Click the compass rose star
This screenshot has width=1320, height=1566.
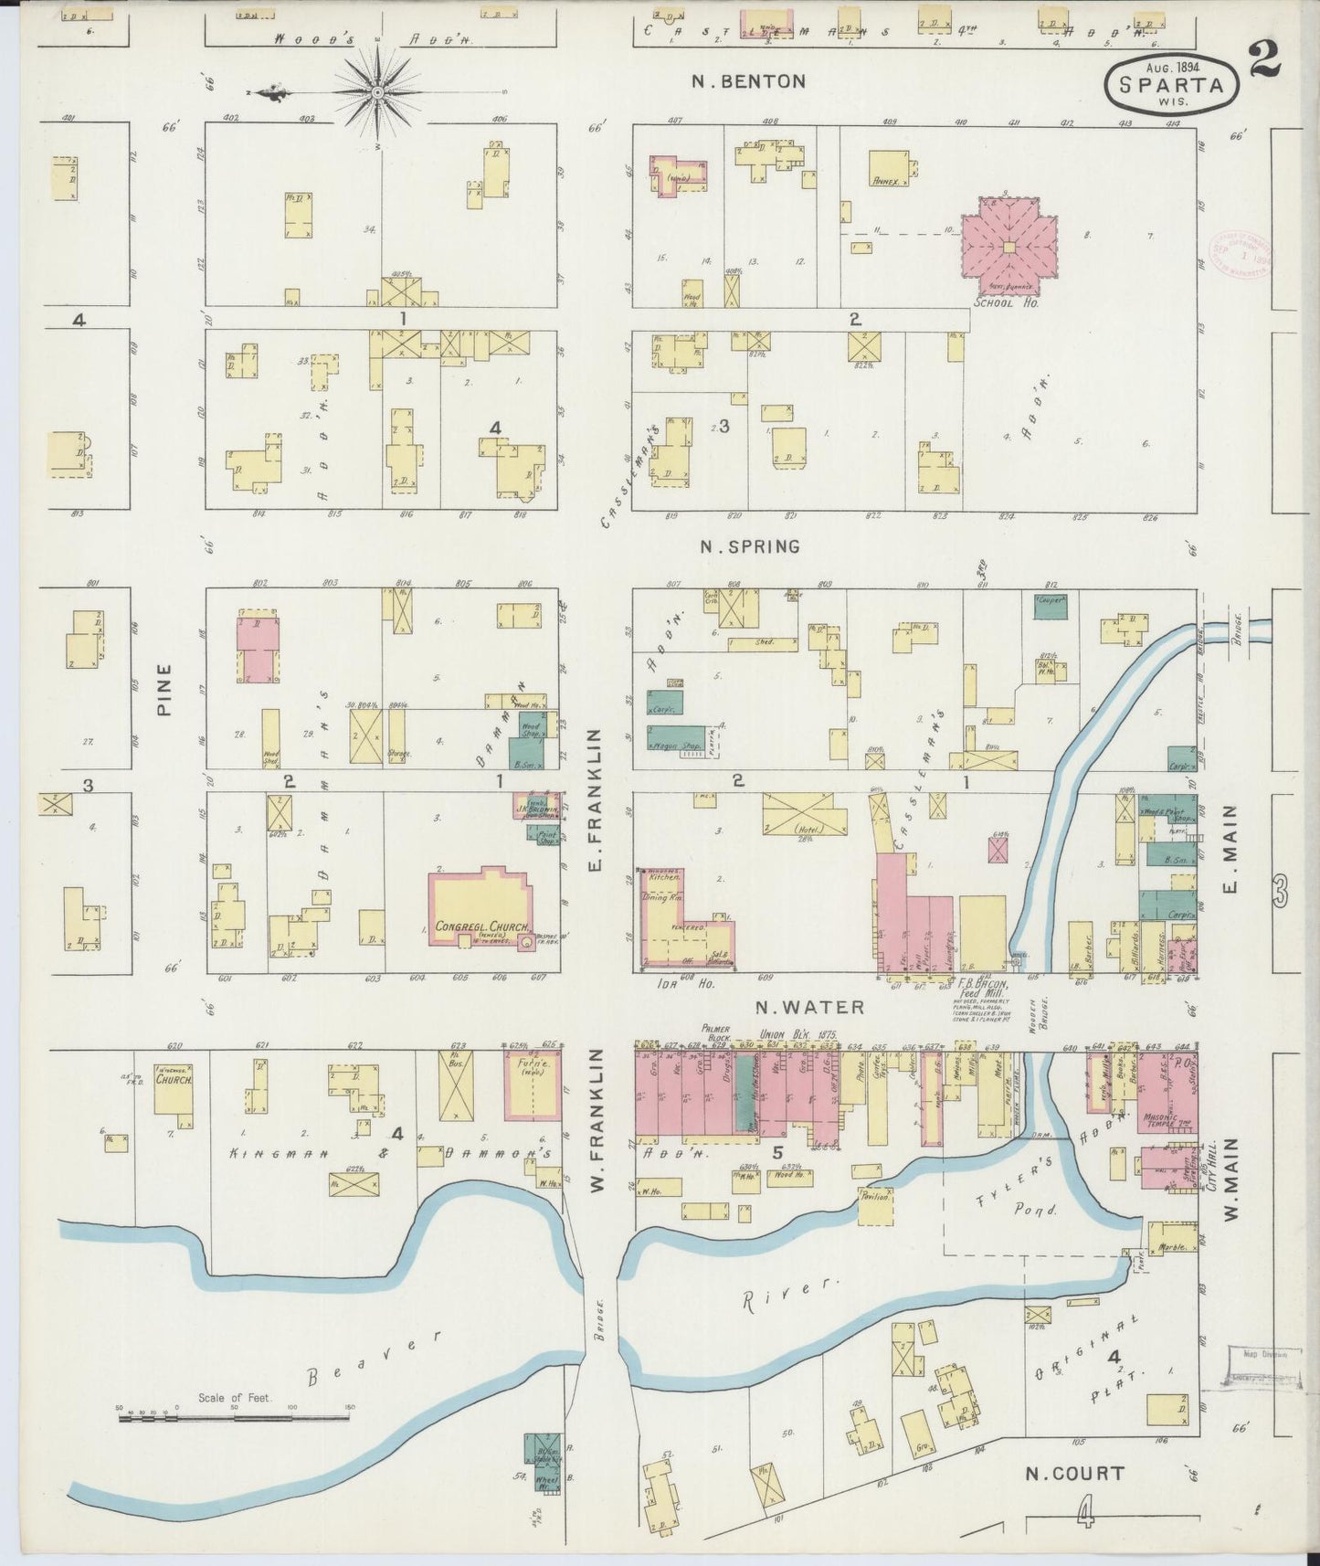pos(378,92)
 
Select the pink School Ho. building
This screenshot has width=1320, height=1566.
pos(1008,247)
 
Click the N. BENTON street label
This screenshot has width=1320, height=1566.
pos(748,81)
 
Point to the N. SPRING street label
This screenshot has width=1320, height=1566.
pos(749,546)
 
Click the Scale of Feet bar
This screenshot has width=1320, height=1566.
pos(233,1418)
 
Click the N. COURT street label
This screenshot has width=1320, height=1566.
pos(1074,1472)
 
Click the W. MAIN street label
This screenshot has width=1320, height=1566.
pos(1229,1179)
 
